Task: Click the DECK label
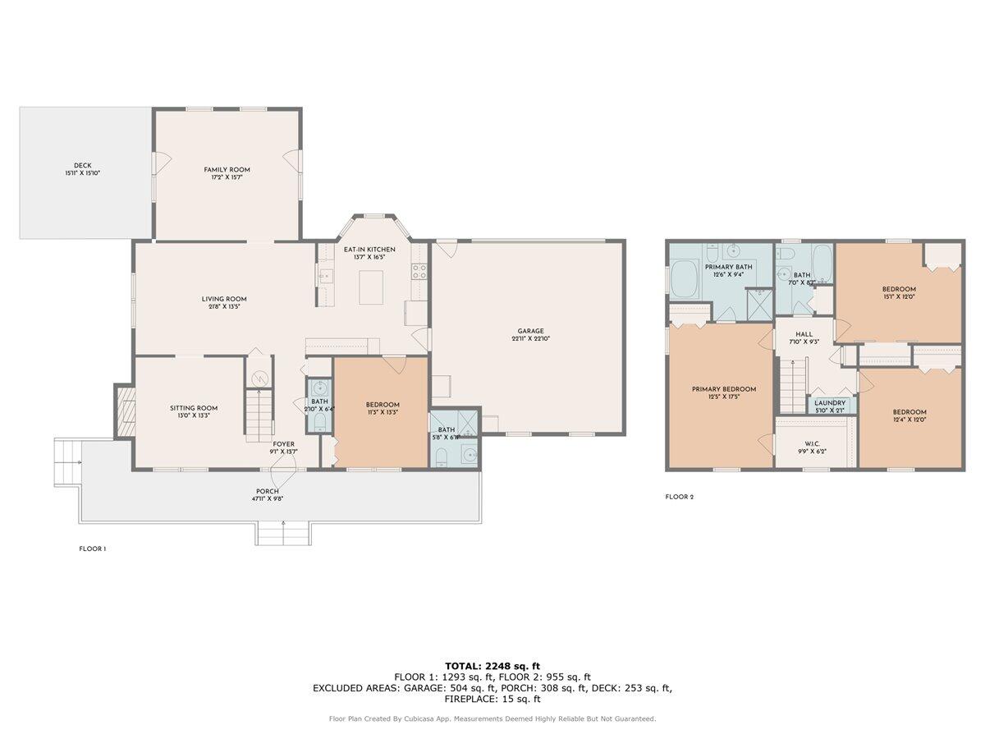point(82,165)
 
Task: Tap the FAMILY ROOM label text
point(227,170)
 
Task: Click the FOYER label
point(284,443)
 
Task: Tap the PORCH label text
point(267,491)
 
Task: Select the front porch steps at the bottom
point(282,534)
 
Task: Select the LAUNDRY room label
point(830,403)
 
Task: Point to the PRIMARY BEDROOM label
point(723,389)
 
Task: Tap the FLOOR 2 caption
point(680,497)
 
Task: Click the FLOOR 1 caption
point(92,549)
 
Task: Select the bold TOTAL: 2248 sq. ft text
point(492,666)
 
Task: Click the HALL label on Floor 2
point(804,334)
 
